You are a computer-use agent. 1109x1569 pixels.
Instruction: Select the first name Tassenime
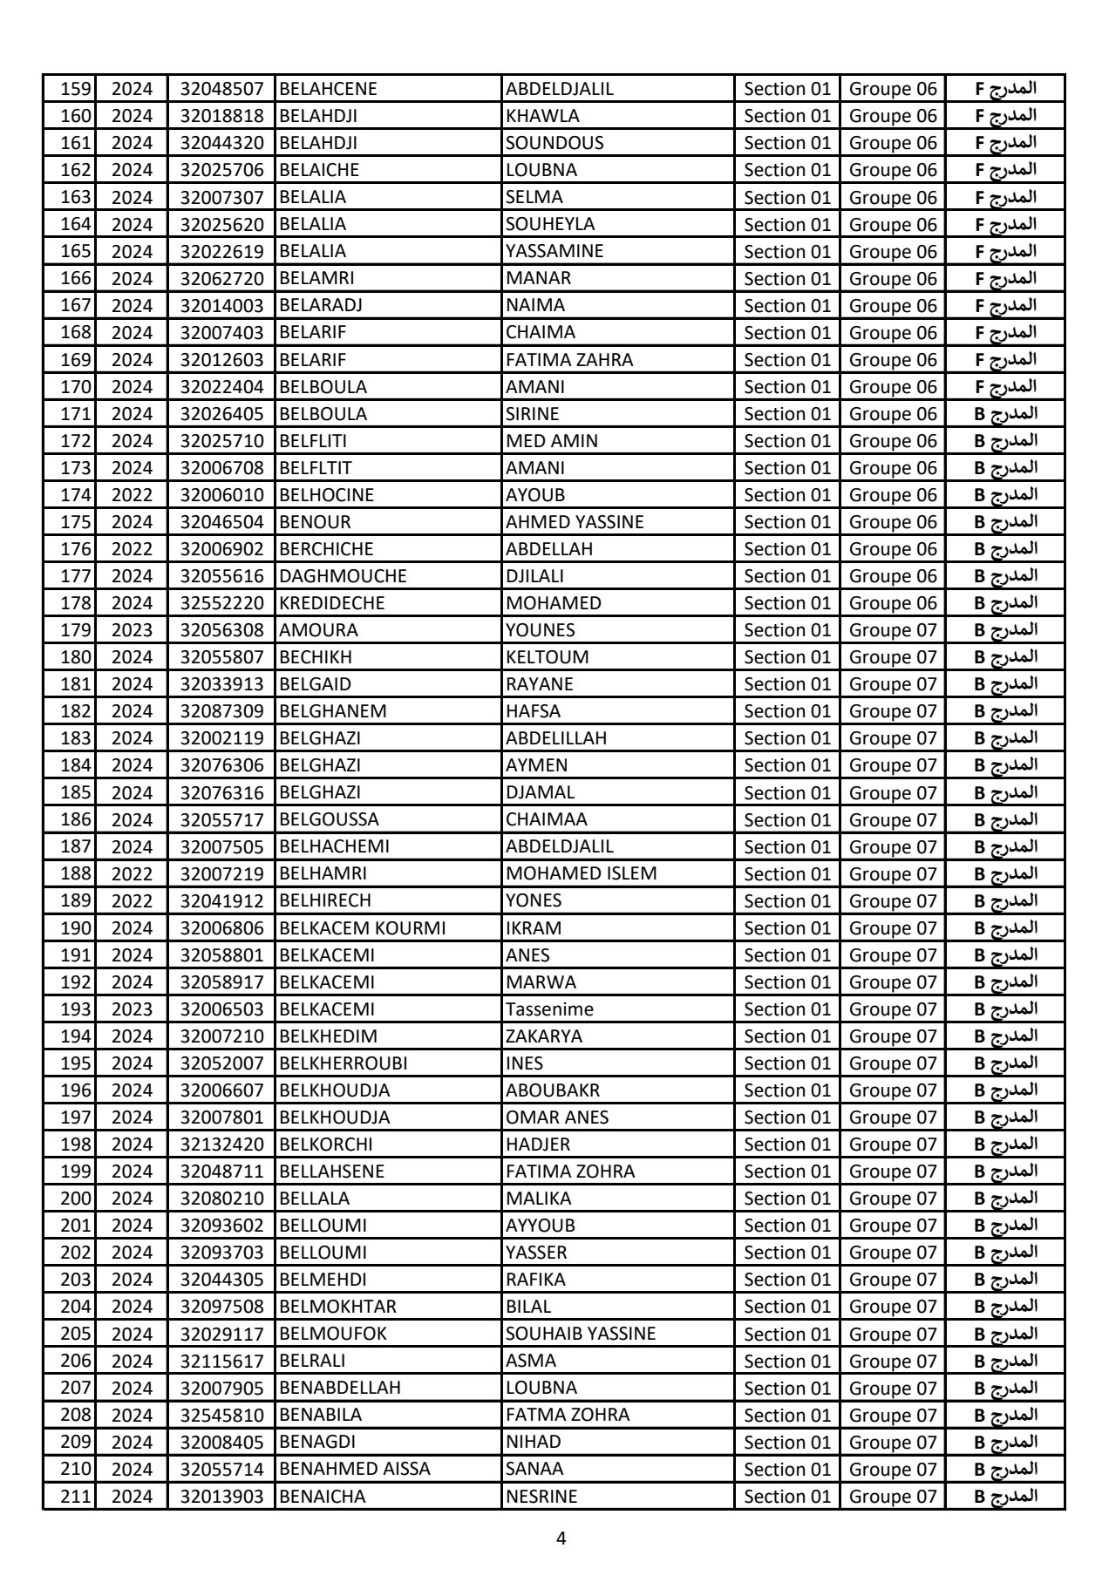click(549, 1009)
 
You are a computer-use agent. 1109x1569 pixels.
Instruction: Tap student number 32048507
click(221, 89)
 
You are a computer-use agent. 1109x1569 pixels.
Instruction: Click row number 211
click(75, 1497)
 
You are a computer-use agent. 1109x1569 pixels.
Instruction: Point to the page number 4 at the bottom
click(561, 1538)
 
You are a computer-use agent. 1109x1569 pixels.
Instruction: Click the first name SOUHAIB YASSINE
click(581, 1334)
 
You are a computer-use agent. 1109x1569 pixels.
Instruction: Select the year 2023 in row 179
click(132, 630)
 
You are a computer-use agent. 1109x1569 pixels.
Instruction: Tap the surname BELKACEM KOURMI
click(362, 928)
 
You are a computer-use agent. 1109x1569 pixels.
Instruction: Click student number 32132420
click(221, 1144)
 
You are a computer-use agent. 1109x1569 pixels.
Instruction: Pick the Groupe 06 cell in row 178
click(893, 603)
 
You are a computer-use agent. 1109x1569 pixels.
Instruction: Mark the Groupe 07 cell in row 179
click(893, 630)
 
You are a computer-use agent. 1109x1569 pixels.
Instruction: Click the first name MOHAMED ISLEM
click(581, 873)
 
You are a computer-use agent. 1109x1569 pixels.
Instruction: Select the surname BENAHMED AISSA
click(354, 1469)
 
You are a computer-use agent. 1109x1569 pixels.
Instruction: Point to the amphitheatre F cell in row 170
click(1005, 386)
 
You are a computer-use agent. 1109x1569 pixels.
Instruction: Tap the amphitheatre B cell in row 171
click(1005, 413)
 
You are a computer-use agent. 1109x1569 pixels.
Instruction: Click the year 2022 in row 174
click(132, 495)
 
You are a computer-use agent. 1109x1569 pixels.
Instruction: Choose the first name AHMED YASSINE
click(575, 522)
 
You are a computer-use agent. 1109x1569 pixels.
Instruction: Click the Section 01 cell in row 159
click(787, 89)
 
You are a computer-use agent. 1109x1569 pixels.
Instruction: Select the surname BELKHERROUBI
click(343, 1063)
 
